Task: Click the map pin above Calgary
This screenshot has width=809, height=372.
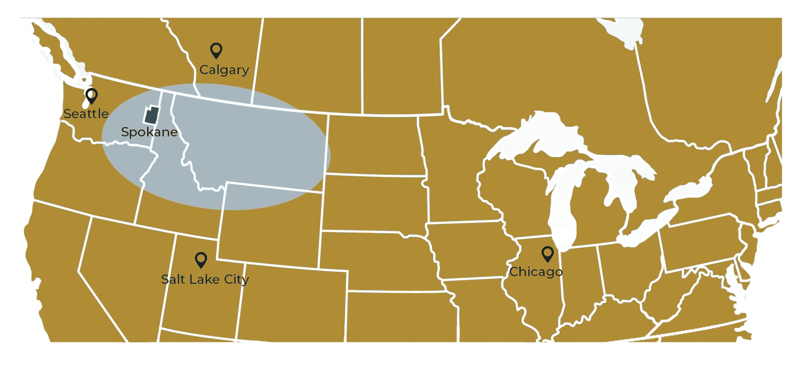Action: click(216, 50)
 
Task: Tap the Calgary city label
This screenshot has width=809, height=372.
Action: click(224, 70)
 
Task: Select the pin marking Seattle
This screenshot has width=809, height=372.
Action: click(91, 96)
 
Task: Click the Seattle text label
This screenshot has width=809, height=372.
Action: click(86, 114)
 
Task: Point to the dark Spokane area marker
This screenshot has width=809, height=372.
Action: click(152, 115)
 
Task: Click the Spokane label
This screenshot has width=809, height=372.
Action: click(149, 132)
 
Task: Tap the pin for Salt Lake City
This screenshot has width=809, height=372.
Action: click(201, 259)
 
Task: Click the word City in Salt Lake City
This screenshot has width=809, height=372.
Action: click(236, 280)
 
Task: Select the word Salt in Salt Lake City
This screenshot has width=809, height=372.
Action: click(173, 279)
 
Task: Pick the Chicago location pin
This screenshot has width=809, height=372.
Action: click(547, 253)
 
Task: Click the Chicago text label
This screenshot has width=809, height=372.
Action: click(536, 272)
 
